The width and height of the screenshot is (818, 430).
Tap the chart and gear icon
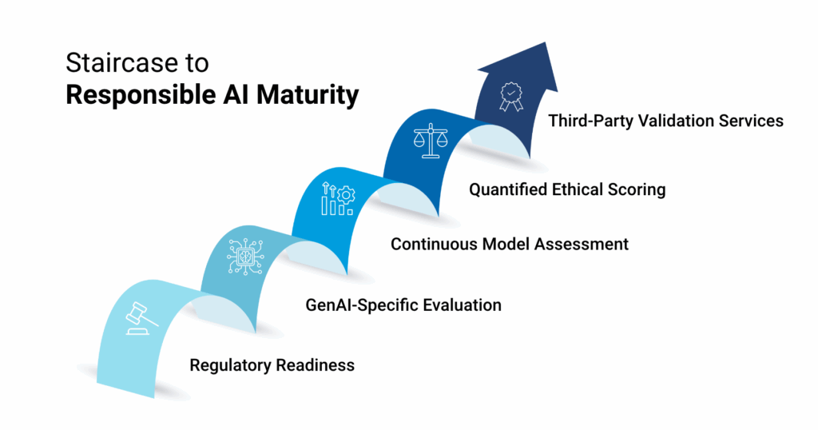pyautogui.click(x=337, y=199)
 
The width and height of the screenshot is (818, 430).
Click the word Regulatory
pyautogui.click(x=230, y=365)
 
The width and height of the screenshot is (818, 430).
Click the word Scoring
pyautogui.click(x=635, y=190)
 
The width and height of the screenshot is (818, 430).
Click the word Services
pyautogui.click(x=754, y=121)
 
